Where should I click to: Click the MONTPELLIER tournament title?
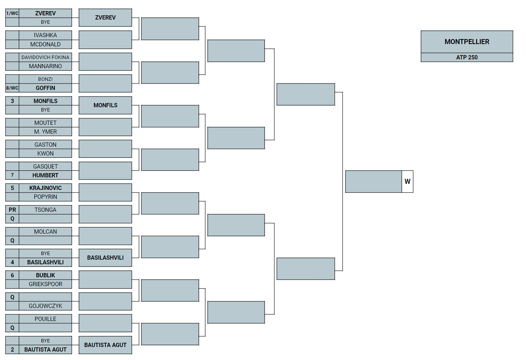click(x=467, y=42)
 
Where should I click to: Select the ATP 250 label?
click(x=467, y=57)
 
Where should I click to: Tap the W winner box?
click(x=407, y=182)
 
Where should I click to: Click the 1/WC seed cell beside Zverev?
click(x=12, y=13)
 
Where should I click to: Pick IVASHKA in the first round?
click(x=45, y=35)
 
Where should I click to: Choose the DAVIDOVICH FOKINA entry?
click(x=45, y=57)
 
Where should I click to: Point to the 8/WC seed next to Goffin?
click(x=12, y=88)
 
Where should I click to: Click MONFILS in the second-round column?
click(x=105, y=105)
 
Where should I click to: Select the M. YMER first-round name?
click(x=45, y=132)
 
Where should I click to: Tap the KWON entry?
click(x=45, y=154)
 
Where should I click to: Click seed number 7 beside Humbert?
click(x=12, y=175)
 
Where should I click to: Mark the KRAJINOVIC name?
click(x=45, y=188)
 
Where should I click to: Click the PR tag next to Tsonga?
click(x=12, y=210)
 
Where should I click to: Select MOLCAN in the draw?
click(x=45, y=232)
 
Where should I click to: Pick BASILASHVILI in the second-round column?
click(x=105, y=258)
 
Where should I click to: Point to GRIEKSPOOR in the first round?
click(x=45, y=284)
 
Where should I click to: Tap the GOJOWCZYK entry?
click(x=45, y=306)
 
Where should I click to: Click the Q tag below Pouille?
click(x=12, y=328)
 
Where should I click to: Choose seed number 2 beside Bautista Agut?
click(x=12, y=350)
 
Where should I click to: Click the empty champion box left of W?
click(x=374, y=182)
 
